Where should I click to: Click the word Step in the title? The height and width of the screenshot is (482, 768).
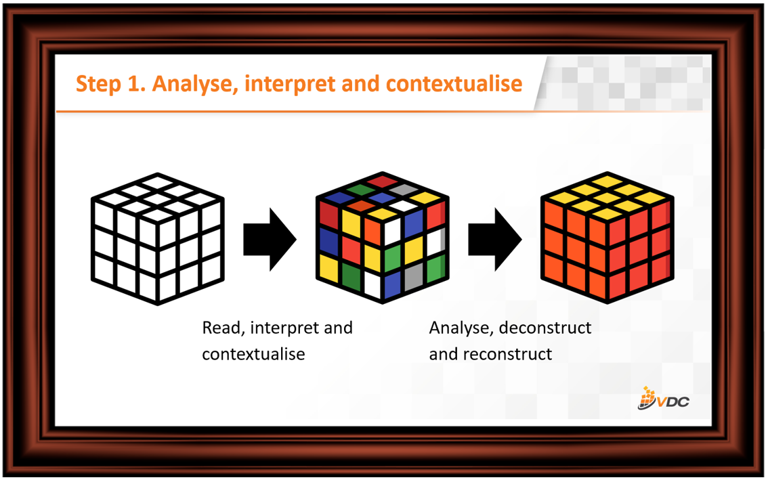click(x=98, y=84)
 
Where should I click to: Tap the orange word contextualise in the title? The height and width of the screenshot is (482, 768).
click(x=454, y=83)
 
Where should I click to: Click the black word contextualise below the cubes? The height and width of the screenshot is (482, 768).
click(x=253, y=353)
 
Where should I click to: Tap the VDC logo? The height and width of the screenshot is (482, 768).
click(x=663, y=399)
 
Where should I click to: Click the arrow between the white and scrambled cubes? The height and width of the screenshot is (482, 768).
click(x=270, y=239)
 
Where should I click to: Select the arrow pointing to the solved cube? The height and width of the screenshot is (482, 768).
click(x=494, y=239)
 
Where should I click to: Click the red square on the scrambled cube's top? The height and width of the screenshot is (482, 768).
click(x=382, y=181)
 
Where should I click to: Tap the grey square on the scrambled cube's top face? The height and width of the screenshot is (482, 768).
click(x=404, y=190)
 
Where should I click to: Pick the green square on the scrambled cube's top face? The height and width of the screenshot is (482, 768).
click(x=361, y=190)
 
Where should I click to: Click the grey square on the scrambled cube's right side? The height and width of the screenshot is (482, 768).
click(x=414, y=276)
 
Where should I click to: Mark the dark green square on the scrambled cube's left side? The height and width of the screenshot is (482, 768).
click(x=351, y=277)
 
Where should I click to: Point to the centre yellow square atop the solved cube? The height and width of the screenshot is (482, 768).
click(x=607, y=198)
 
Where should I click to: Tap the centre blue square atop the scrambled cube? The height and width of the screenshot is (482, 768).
click(x=382, y=198)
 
